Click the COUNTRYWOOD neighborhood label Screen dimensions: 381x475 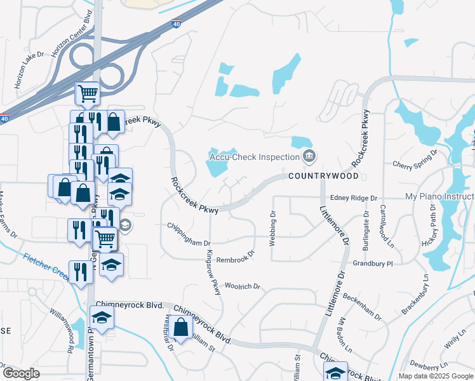click(324, 175)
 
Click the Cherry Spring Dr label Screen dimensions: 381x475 click(416, 159)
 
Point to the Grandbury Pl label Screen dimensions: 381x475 click(373, 263)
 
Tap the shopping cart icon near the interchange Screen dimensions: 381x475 click(88, 94)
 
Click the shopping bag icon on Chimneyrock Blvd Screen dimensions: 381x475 click(181, 328)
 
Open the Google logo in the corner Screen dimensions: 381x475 click(21, 373)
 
